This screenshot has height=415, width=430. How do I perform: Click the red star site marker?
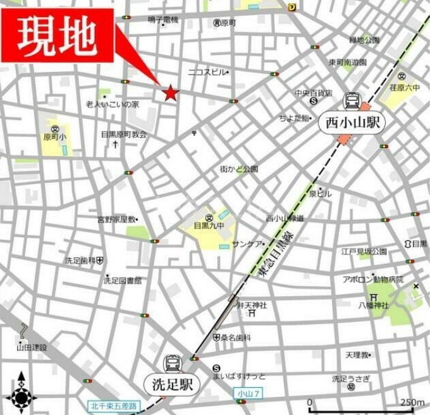[170, 94]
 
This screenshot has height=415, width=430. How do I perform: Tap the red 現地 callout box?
[58, 35]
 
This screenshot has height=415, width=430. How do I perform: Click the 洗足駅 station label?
[172, 383]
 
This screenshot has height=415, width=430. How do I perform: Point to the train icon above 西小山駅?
[352, 101]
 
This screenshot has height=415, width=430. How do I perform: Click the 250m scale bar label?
[412, 402]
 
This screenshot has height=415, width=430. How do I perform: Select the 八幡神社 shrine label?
[374, 305]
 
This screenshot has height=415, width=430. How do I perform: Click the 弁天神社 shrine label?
[252, 306]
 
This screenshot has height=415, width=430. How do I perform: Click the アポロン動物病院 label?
[372, 279]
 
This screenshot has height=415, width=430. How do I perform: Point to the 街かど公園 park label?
[238, 169]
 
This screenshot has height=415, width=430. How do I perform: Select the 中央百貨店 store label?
[313, 92]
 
